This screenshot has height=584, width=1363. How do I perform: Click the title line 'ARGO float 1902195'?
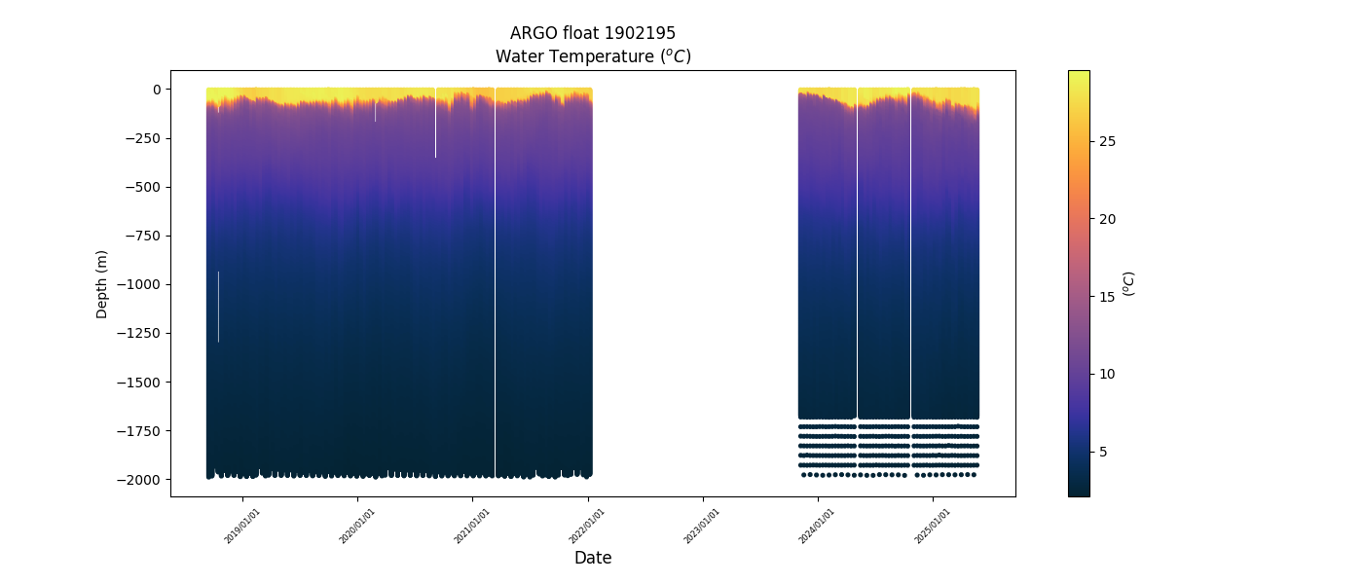[x=593, y=33]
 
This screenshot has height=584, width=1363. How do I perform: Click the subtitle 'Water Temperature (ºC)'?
[x=593, y=56]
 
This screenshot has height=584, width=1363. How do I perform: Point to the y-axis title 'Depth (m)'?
[x=102, y=283]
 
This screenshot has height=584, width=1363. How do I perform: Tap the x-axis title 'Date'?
[x=593, y=558]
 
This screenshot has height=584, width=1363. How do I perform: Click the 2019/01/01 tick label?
[x=242, y=526]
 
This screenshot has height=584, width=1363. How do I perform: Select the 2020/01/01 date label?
[x=357, y=526]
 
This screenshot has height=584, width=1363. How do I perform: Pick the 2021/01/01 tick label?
[x=472, y=526]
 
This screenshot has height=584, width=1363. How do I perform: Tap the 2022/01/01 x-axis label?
[x=587, y=526]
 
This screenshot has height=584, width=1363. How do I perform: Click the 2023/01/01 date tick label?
[x=702, y=526]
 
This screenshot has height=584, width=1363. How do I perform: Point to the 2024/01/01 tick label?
[x=817, y=526]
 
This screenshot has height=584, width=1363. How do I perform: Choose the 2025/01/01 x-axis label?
[x=933, y=526]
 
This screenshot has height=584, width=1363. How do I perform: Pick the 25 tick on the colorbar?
[x=1107, y=141]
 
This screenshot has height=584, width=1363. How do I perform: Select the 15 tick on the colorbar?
[x=1107, y=297]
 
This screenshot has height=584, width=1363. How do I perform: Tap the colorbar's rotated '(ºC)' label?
[x=1129, y=283]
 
